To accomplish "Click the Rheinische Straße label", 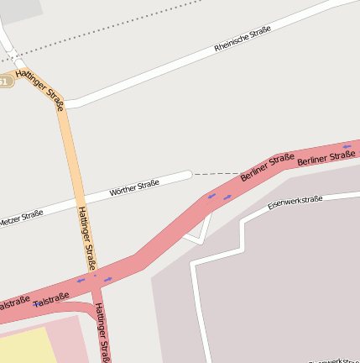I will point(243,39).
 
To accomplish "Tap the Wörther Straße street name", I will point(134,187).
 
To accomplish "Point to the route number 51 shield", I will point(5,82).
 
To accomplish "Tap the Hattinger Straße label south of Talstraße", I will point(102,333).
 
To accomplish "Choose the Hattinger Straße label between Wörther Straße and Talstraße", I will point(86,238).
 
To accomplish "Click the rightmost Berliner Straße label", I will point(326,157).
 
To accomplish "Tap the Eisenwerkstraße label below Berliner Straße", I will point(295,202).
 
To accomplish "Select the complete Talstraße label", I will point(52,298).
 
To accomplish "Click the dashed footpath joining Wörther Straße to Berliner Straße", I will point(216,174).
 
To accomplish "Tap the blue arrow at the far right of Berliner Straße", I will point(347,146).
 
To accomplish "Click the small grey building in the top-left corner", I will point(20,8).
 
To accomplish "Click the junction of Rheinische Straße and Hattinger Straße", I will point(64,104).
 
